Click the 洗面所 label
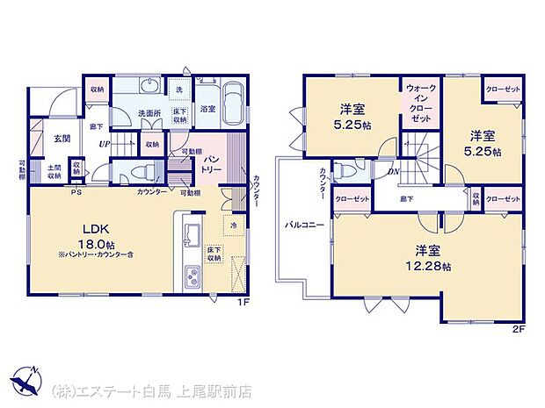[150, 113]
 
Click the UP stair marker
[105, 144]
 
